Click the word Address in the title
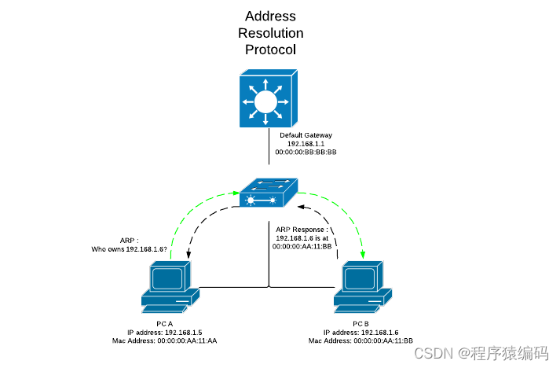[269, 16]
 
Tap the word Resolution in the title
[269, 33]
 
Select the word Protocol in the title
[269, 50]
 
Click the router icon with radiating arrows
[267, 100]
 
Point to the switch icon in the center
[269, 193]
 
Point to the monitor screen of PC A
[168, 278]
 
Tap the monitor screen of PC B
[361, 278]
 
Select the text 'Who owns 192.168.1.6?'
[130, 248]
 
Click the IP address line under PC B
[361, 332]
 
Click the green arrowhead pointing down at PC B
[363, 256]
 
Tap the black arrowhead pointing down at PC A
[188, 255]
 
